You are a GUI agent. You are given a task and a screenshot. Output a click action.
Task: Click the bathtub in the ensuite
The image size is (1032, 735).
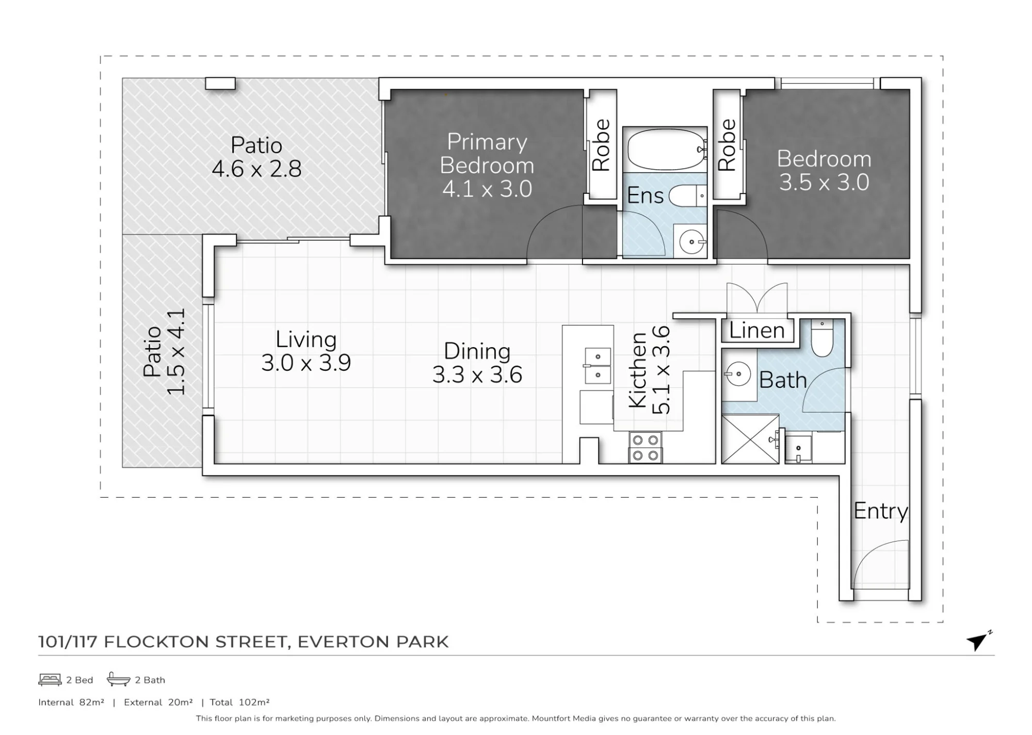pos(666,150)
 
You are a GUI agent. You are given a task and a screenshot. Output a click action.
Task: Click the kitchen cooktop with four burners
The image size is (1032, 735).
pos(646,448)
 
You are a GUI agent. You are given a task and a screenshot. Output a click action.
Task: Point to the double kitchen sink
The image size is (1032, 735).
pos(598,365)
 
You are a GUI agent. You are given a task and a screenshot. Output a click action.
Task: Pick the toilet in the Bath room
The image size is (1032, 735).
pos(822,338)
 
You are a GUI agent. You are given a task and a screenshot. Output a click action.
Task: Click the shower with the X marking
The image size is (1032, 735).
pos(750,439)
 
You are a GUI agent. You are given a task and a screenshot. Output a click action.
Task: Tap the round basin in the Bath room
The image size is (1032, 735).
pos(737,373)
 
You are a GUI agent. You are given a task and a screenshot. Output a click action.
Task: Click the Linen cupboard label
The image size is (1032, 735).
pos(757,330)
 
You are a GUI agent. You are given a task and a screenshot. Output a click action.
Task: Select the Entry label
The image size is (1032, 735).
pos(880,511)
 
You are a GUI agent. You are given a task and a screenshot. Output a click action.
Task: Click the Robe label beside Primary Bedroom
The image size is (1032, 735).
pos(601,145)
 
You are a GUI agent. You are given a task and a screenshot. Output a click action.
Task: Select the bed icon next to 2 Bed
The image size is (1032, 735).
pos(50,680)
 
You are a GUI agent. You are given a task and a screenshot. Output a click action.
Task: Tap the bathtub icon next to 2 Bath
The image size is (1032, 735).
pos(118,679)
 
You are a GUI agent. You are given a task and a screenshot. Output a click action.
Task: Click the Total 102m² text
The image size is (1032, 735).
pos(240,702)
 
